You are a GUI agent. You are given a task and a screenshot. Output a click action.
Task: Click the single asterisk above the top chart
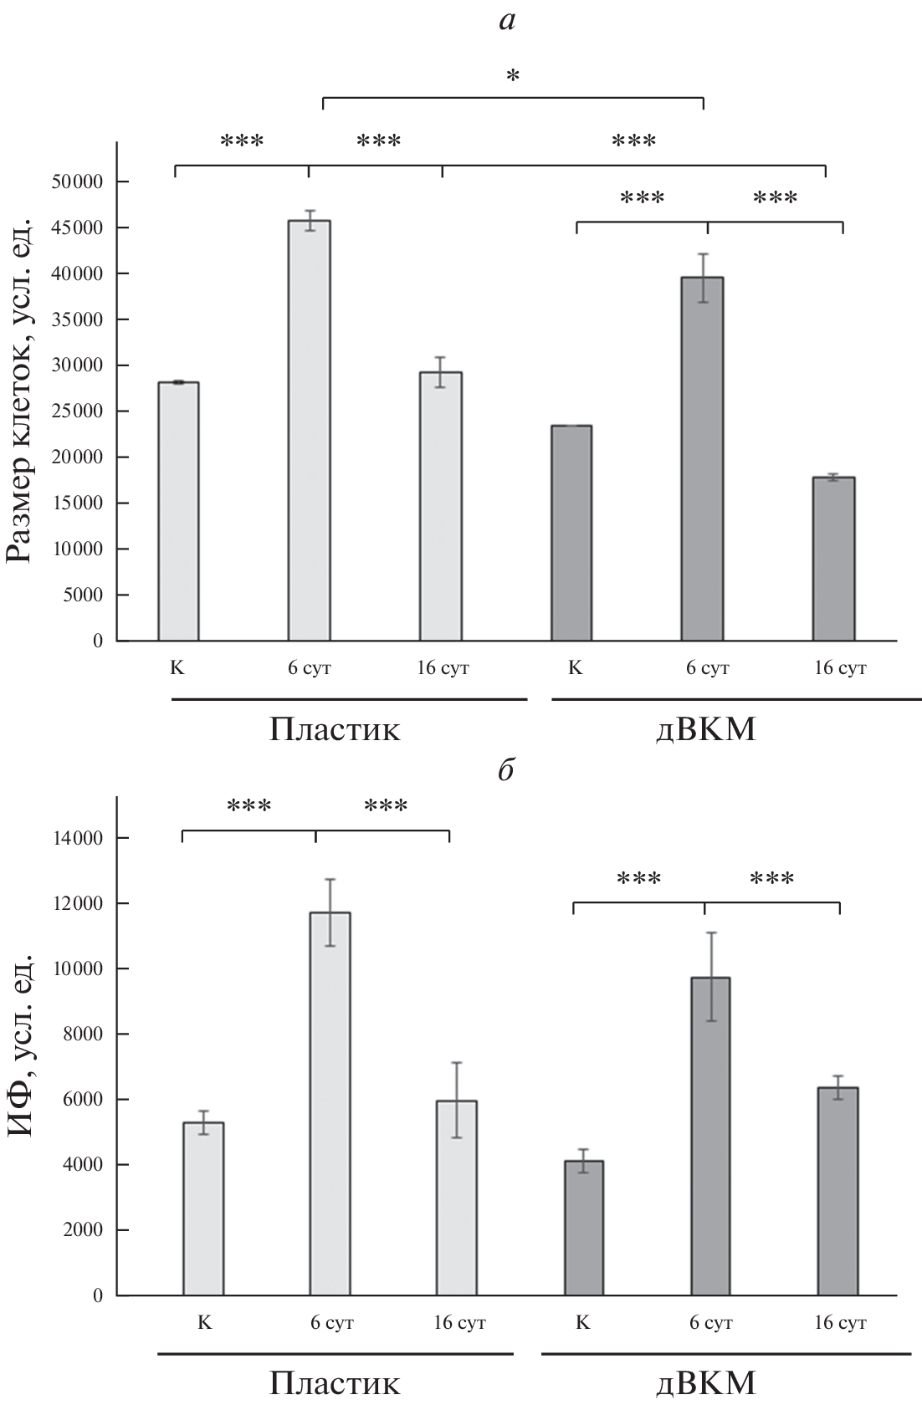(513, 78)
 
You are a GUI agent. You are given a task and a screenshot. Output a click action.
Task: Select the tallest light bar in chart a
(310, 431)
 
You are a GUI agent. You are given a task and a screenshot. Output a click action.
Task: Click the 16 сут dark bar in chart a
(834, 559)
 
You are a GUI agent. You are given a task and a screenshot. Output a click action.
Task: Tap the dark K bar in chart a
(571, 533)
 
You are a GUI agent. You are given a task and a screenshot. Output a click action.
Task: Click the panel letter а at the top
(507, 21)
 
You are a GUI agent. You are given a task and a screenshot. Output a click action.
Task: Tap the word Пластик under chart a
(335, 730)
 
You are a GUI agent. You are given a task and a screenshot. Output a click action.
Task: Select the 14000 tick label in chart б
(80, 838)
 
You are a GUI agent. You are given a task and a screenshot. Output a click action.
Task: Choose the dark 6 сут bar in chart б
(710, 1137)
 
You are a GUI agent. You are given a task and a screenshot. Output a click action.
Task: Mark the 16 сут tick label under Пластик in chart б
(458, 1323)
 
